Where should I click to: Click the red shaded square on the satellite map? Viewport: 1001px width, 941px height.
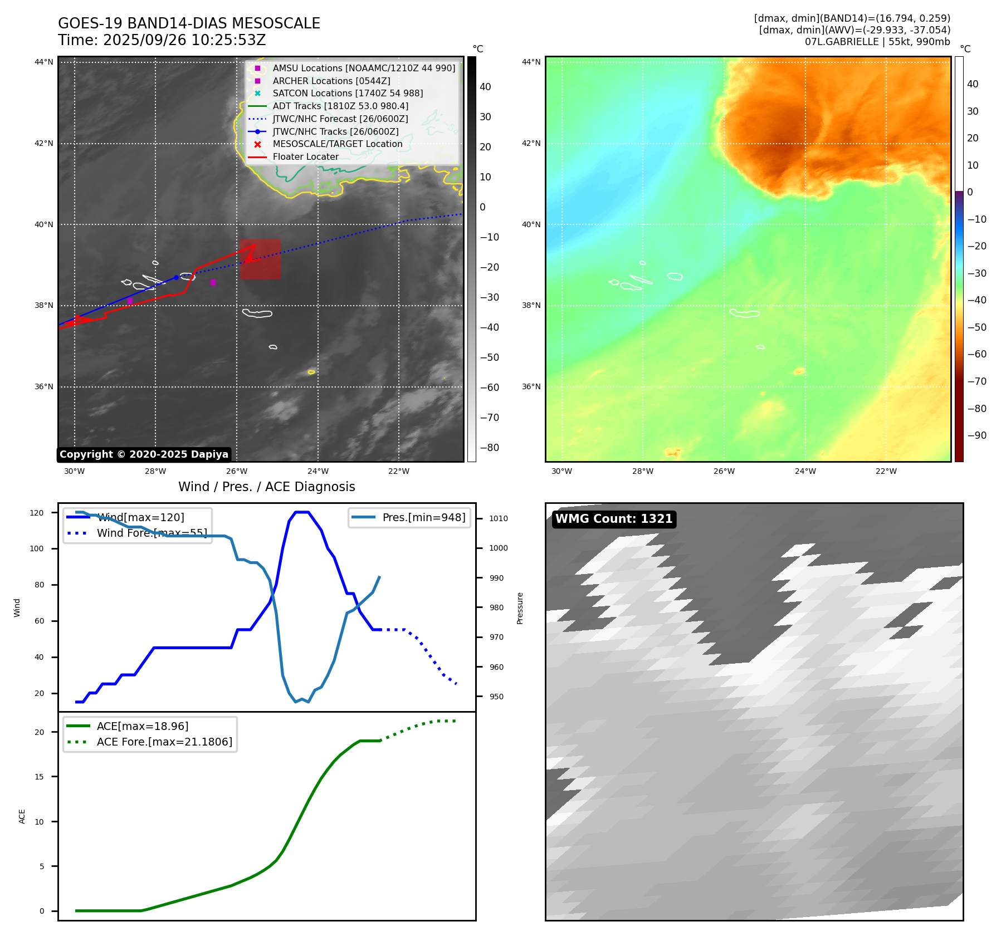pos(260,259)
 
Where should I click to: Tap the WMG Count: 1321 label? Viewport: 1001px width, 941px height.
pos(614,519)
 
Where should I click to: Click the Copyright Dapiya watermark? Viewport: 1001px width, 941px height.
pos(144,454)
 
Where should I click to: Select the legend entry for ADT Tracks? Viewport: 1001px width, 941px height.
pos(340,106)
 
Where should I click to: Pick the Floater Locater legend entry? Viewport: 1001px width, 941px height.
pos(305,157)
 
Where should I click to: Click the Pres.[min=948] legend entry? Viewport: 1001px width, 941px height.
pos(423,517)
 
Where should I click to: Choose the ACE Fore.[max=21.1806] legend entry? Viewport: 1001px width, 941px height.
pos(164,742)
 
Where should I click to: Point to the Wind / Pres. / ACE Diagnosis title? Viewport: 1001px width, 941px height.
pos(266,487)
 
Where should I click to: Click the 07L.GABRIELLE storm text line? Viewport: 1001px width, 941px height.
pos(877,42)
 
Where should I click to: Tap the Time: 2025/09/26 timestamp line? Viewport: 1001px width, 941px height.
pos(162,41)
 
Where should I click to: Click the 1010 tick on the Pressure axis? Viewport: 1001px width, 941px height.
pos(498,518)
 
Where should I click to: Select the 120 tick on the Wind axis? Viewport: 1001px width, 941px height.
pos(37,513)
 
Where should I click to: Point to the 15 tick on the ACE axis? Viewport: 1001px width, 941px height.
pos(39,777)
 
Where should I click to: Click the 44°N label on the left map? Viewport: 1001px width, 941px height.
pos(44,62)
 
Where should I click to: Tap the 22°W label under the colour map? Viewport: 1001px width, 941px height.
pos(886,471)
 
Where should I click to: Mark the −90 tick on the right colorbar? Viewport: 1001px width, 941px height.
pos(976,435)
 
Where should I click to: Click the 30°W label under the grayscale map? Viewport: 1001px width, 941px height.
pos(74,471)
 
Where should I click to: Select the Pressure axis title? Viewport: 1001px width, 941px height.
pos(520,608)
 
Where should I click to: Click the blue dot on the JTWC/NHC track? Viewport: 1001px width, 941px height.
pos(177,277)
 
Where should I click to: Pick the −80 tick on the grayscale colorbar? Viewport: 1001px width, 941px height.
pos(490,448)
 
